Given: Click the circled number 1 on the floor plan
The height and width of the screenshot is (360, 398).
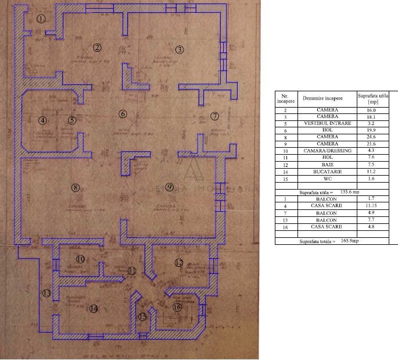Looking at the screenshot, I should click(41, 19).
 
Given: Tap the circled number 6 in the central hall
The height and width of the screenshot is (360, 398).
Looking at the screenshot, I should click(123, 113).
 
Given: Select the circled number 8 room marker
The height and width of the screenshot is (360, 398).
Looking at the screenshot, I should click(74, 187).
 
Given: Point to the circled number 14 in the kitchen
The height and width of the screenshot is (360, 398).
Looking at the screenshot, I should click(94, 308).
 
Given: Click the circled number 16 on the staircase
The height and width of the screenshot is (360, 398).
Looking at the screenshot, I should click(177, 306).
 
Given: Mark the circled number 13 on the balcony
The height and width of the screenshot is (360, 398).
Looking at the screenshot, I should click(46, 293).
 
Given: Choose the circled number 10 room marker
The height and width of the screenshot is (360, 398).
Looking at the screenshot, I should click(80, 259).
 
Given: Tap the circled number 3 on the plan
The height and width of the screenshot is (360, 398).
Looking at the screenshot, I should click(180, 49).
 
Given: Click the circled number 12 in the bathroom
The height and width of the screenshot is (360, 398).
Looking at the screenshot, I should click(179, 263).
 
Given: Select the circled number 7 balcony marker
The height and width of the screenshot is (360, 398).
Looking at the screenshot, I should click(214, 116).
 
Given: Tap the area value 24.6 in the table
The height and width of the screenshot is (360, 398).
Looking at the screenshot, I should click(371, 137).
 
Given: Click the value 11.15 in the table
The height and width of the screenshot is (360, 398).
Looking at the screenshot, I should click(371, 206).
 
